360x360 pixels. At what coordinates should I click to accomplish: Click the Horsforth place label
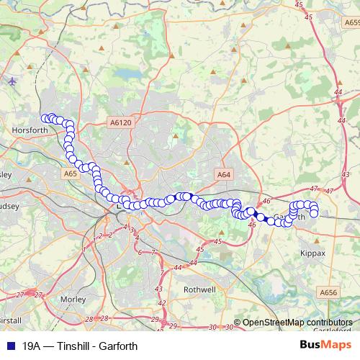click(30, 130)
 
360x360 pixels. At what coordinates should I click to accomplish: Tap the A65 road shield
click(71, 174)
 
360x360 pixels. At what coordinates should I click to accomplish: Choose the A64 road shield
click(224, 174)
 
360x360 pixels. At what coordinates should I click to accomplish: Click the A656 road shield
click(328, 292)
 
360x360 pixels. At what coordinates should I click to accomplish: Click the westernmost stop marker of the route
click(45, 118)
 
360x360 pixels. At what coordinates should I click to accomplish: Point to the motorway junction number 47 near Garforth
click(312, 189)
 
